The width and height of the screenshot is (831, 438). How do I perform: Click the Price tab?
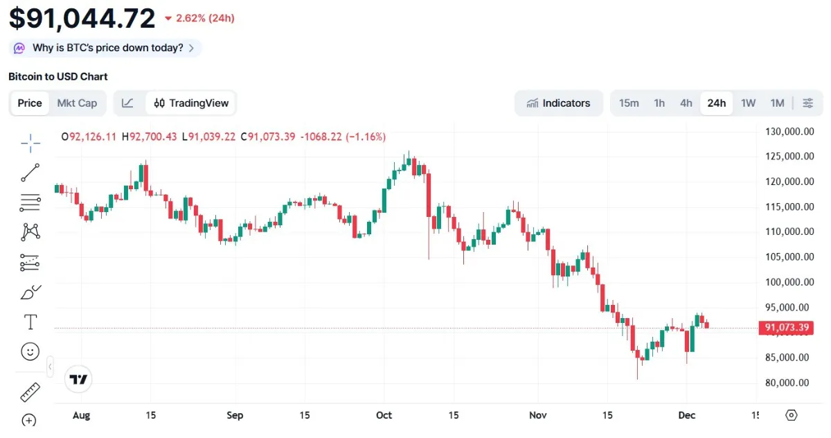click(30, 103)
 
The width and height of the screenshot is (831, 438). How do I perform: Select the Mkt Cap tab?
click(77, 103)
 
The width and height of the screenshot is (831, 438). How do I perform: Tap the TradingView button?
click(191, 103)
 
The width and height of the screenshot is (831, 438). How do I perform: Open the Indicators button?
click(558, 103)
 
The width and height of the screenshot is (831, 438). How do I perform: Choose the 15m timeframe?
click(629, 103)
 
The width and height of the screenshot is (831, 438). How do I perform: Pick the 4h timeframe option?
click(686, 103)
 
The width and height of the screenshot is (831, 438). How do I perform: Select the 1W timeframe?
click(748, 103)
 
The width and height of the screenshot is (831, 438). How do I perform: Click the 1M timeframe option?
click(777, 103)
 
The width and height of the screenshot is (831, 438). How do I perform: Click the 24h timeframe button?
click(716, 103)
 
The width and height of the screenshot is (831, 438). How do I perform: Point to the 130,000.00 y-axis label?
click(787, 132)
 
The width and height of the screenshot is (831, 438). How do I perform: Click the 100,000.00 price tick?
click(787, 282)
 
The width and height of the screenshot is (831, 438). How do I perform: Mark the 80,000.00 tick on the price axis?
click(787, 383)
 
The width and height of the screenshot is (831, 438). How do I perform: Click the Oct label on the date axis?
click(384, 415)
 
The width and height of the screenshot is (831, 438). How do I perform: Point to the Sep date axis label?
click(235, 415)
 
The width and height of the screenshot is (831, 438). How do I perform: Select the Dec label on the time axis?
click(686, 415)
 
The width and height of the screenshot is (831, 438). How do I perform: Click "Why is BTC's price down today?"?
click(107, 48)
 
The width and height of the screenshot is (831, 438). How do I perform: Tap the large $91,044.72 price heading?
click(82, 18)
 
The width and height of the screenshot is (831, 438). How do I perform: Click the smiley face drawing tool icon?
click(30, 352)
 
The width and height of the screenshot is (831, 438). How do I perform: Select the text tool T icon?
click(30, 322)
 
